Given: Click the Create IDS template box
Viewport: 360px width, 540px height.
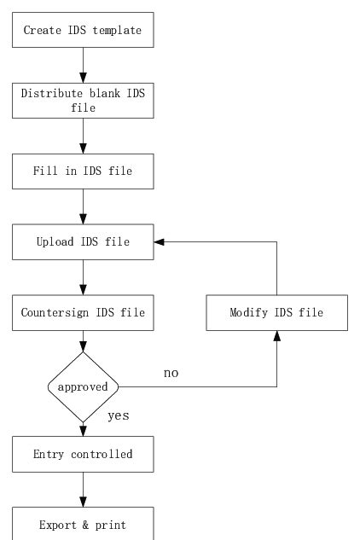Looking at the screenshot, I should pyautogui.click(x=83, y=31).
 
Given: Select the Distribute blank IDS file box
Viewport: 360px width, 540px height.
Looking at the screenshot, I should pyautogui.click(x=83, y=102).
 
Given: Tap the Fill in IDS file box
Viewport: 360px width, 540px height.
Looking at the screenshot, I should pyautogui.click(x=83, y=171).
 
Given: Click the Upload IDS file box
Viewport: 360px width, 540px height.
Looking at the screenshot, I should pyautogui.click(x=83, y=242).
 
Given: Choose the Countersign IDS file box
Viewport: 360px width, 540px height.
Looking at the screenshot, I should pyautogui.click(x=83, y=312).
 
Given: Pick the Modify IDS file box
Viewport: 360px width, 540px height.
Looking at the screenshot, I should pyautogui.click(x=276, y=312).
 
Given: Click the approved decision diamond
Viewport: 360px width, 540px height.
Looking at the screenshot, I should pyautogui.click(x=83, y=386).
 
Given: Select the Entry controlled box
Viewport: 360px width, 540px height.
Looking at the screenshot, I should pyautogui.click(x=83, y=454).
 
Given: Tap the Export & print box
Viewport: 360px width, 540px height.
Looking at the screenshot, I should pyautogui.click(x=83, y=524).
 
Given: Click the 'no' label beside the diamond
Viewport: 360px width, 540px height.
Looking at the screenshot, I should pyautogui.click(x=171, y=373).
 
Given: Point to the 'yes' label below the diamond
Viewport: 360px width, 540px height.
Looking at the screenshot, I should pyautogui.click(x=118, y=416).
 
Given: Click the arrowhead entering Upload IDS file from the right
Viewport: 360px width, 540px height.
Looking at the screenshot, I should pyautogui.click(x=159, y=242).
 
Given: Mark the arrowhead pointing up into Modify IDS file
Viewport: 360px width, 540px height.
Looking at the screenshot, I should pyautogui.click(x=276, y=335).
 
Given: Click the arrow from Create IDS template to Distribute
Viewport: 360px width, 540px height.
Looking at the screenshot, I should pyautogui.click(x=83, y=65).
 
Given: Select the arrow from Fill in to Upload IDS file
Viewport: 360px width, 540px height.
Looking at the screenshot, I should pyautogui.click(x=83, y=206).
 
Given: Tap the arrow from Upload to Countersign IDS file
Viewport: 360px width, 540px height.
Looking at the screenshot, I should pyautogui.click(x=83, y=277).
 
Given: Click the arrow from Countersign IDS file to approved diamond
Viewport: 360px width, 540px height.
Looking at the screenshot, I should pyautogui.click(x=83, y=340).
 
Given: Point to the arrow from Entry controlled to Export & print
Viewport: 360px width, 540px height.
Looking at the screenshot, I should pyautogui.click(x=83, y=489).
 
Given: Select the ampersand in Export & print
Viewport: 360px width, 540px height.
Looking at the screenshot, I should pyautogui.click(x=83, y=525).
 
